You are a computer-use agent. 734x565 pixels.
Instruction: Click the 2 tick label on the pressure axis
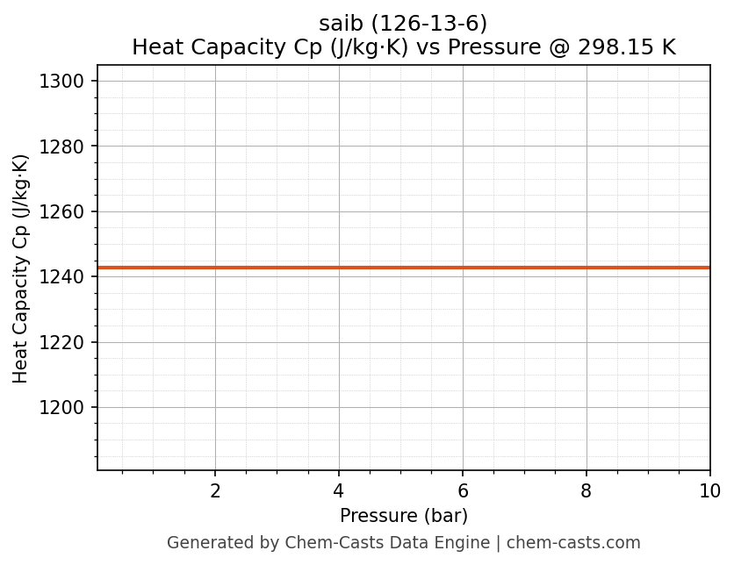point(215,491)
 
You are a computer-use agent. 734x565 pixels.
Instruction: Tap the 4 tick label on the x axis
point(339,491)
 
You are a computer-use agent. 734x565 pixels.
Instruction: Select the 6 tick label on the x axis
point(463,491)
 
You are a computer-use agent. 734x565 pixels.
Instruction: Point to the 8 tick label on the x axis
point(586,491)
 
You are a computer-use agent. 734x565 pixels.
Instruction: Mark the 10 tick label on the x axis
point(709,491)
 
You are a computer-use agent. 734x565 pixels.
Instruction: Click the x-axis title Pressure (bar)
point(404,516)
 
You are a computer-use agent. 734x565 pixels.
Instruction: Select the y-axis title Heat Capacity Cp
point(21,268)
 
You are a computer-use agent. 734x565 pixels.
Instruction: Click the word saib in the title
point(337,25)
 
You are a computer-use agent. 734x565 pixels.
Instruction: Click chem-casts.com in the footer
point(573,543)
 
